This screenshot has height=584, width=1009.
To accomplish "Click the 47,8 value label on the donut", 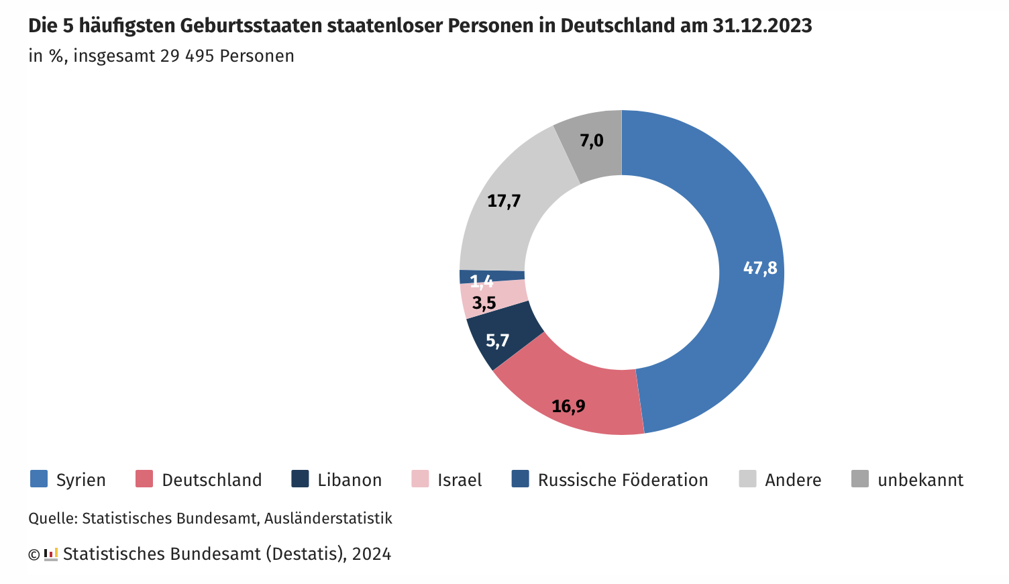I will pyautogui.click(x=760, y=269).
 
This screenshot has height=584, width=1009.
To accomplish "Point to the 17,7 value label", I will pyautogui.click(x=504, y=201).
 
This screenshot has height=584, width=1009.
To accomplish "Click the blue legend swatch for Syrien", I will pyautogui.click(x=39, y=479).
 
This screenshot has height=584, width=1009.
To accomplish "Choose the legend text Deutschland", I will pyautogui.click(x=212, y=480).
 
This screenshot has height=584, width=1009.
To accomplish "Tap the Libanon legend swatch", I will pyautogui.click(x=300, y=479).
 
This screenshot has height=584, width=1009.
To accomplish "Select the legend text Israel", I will pyautogui.click(x=460, y=480).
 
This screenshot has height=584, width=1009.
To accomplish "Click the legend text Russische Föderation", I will pyautogui.click(x=623, y=480).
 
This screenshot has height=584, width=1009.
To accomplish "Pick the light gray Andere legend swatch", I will pyautogui.click(x=747, y=479).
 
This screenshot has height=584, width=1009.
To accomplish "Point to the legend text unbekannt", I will pyautogui.click(x=920, y=480).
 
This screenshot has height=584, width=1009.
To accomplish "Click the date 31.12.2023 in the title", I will pyautogui.click(x=762, y=26).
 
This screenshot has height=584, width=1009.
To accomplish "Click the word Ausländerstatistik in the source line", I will pyautogui.click(x=328, y=518).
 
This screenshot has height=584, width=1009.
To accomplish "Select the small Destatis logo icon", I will pyautogui.click(x=51, y=554).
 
